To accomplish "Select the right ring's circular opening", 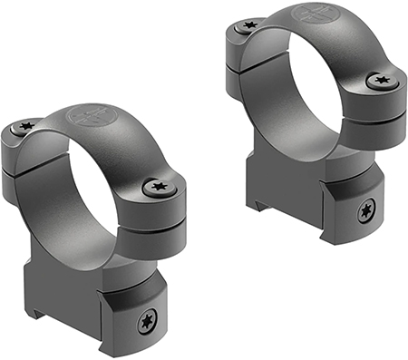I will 304,86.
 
